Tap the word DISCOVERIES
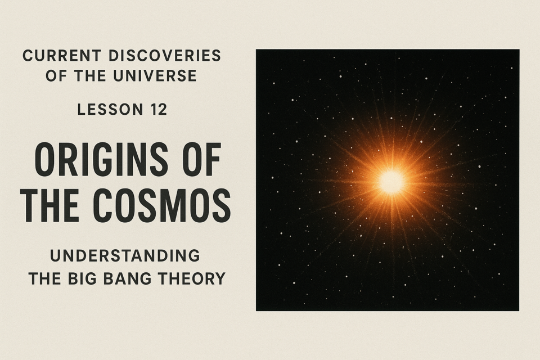[x=164, y=56]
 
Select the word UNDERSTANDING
[x=125, y=256]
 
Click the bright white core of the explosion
[x=391, y=181]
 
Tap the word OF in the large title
[x=200, y=160]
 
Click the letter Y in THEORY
[x=219, y=278]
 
